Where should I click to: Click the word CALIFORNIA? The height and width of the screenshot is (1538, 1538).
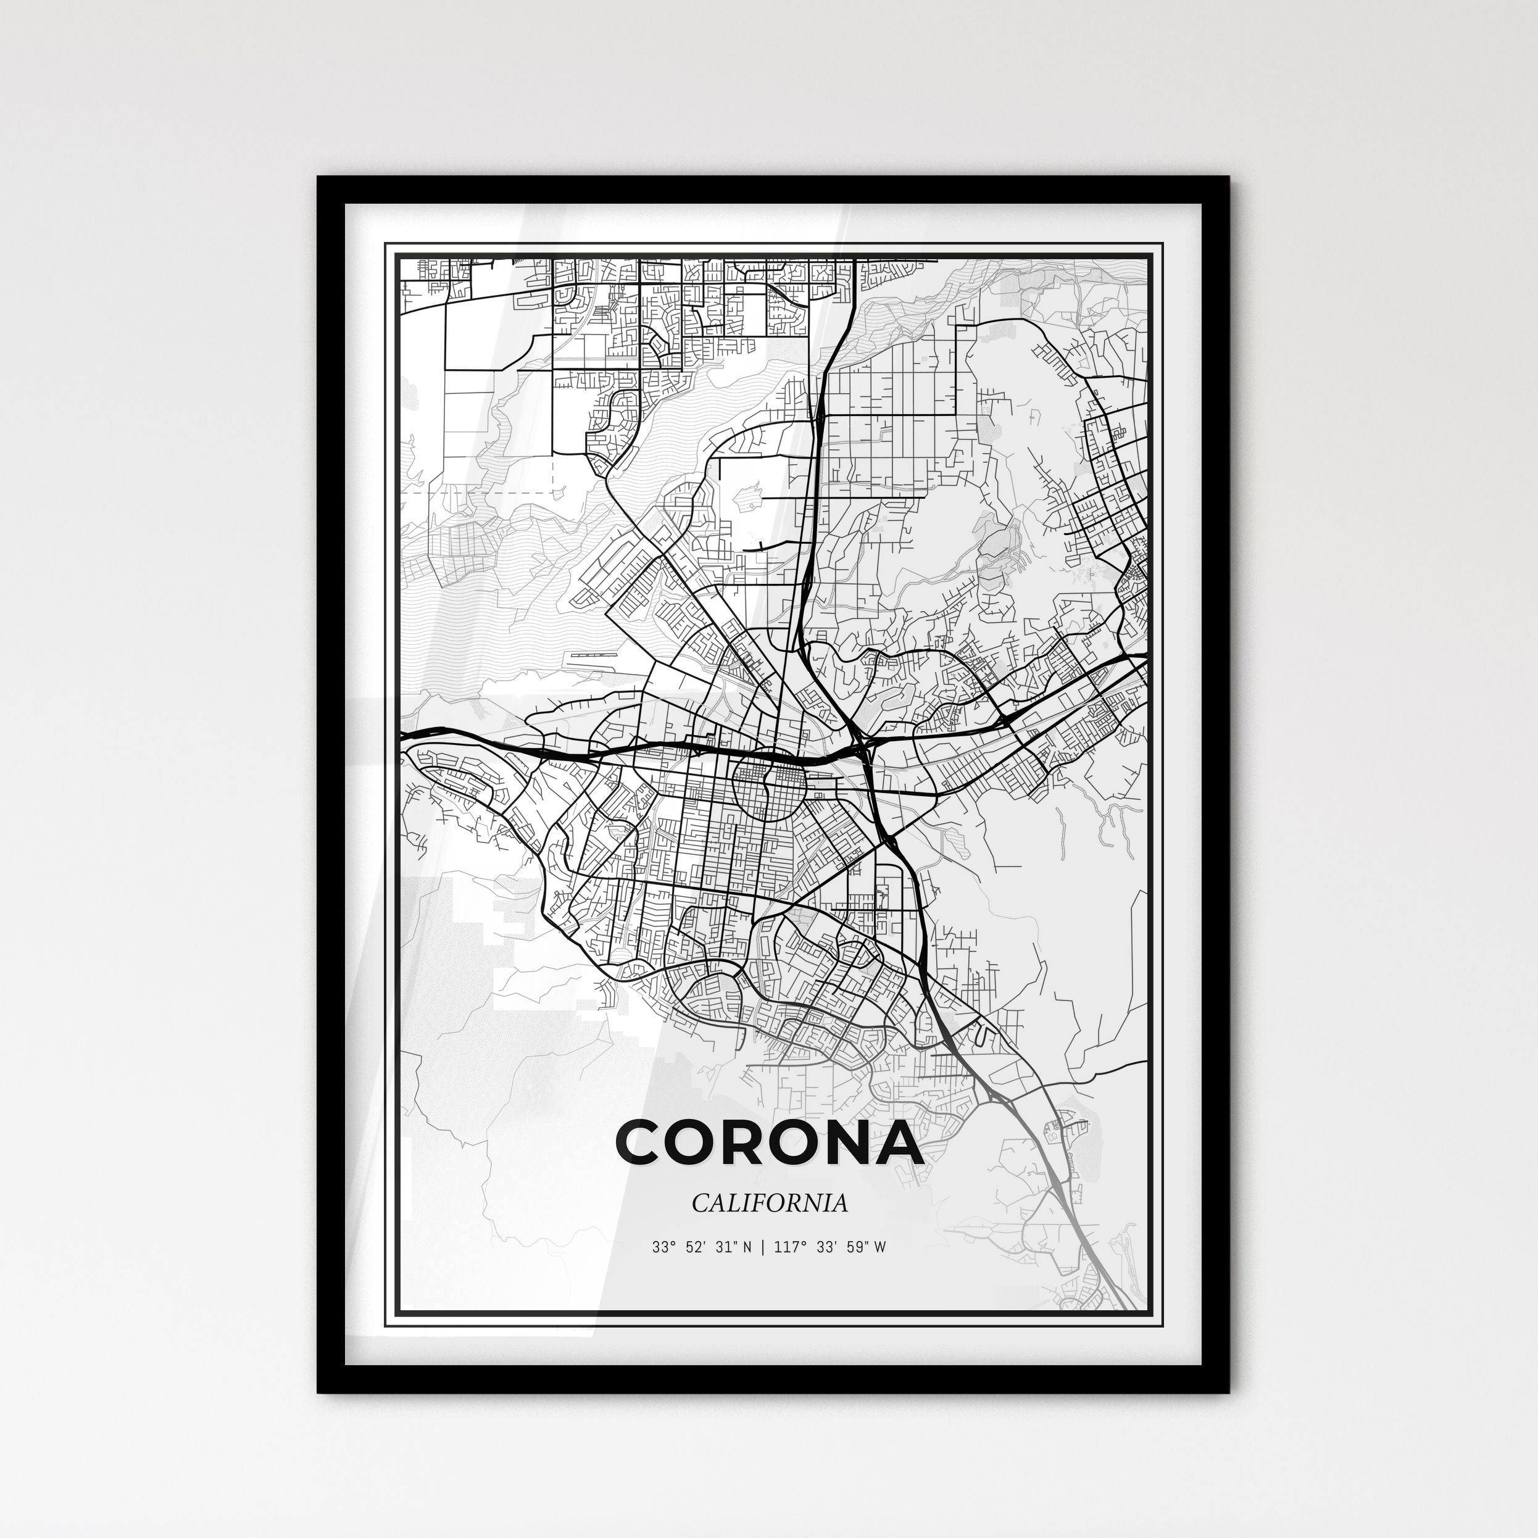769,1203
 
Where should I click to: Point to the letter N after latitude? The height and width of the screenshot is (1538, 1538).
747,1247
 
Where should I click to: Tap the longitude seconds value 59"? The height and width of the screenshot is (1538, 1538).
854,1247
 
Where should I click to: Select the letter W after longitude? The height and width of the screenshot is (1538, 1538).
879,1247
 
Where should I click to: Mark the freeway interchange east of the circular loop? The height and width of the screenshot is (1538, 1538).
863,748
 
